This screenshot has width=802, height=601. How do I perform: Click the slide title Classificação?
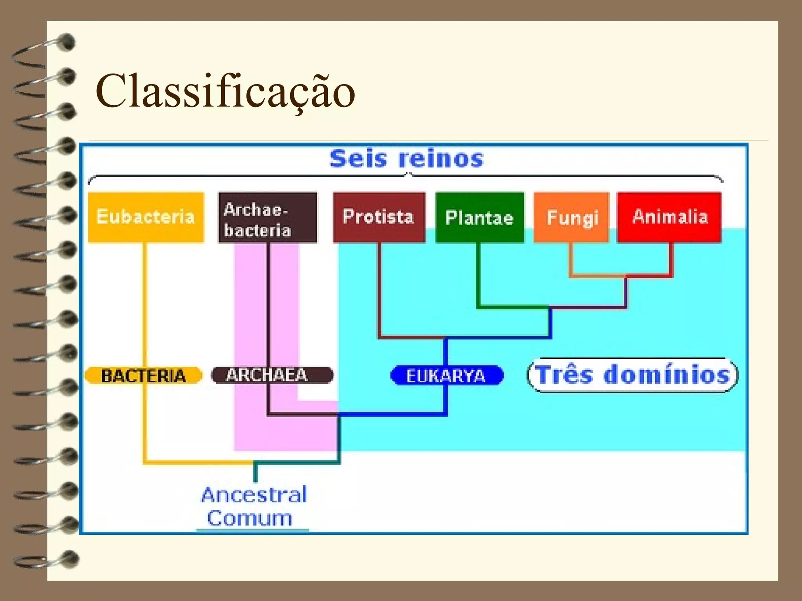225,92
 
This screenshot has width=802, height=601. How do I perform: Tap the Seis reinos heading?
406,159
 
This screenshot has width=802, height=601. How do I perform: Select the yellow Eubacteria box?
146,217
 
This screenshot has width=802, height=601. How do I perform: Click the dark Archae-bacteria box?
267,218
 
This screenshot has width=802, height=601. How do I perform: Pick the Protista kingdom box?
379,217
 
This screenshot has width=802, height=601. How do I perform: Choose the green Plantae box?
480,218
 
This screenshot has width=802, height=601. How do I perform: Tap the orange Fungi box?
572,218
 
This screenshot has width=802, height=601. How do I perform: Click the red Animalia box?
669,217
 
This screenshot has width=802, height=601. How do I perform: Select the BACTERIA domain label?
143,376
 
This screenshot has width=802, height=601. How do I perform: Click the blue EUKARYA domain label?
446,376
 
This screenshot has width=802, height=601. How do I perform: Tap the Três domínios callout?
632,375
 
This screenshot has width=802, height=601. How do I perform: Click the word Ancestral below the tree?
254,495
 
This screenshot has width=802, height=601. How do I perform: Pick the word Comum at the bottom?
250,518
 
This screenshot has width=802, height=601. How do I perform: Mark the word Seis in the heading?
358,159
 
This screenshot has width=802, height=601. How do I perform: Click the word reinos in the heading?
441,159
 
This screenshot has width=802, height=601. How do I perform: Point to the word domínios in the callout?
667,375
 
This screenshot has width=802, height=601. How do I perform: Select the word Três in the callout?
564,375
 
